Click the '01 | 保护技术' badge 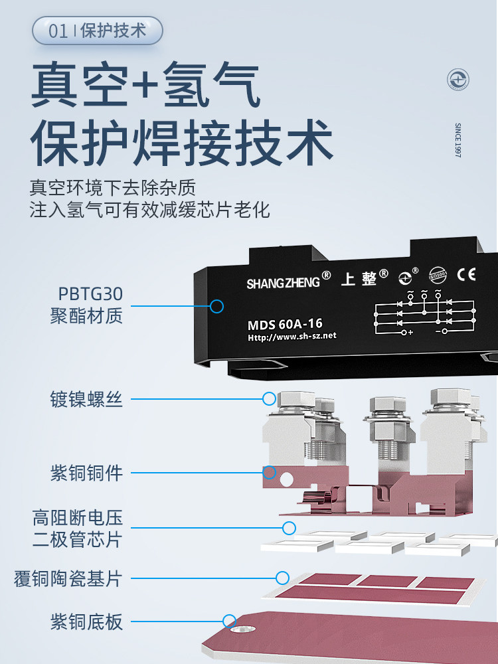click(98, 31)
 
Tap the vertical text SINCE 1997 click(457, 140)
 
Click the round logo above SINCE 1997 click(457, 79)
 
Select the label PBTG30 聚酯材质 click(86, 305)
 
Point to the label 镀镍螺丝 click(86, 399)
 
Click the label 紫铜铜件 click(86, 473)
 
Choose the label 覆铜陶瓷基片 click(68, 578)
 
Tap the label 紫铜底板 click(86, 622)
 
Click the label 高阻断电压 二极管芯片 click(78, 529)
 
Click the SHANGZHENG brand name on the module click(283, 283)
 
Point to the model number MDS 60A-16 click(285, 325)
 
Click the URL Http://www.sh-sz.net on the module click(291, 336)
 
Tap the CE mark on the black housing click(466, 274)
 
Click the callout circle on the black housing click(217, 306)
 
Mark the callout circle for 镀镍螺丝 click(270, 398)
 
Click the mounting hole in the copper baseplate click(242, 629)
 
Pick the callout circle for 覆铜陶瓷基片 click(282, 578)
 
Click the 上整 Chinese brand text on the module click(359, 279)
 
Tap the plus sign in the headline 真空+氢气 click(145, 86)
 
